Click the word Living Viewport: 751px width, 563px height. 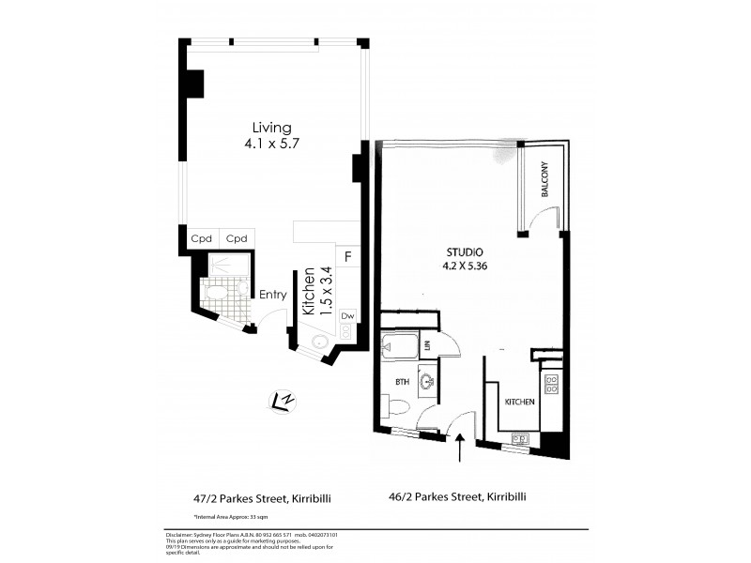[x=271, y=128]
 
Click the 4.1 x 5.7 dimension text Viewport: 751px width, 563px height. [x=271, y=145]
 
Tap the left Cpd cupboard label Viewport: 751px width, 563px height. [x=201, y=238]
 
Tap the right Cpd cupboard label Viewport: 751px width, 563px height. [x=236, y=238]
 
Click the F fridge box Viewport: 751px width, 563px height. [x=348, y=255]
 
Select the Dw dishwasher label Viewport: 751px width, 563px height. [x=347, y=316]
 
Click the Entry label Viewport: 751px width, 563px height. [x=272, y=295]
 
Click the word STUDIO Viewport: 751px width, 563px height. [x=464, y=252]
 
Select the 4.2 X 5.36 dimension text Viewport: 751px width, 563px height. [x=464, y=266]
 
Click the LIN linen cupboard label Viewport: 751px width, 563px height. [x=427, y=346]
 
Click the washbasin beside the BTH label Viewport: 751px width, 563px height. [x=428, y=382]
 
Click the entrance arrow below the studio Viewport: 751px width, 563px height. [x=460, y=448]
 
